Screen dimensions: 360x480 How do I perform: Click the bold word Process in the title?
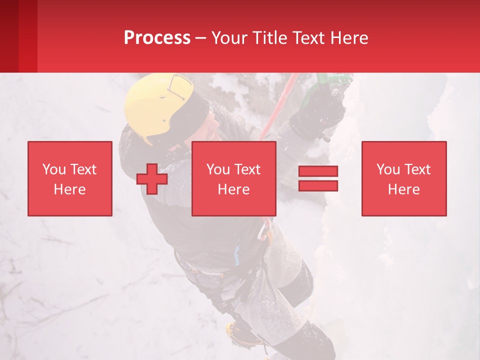(x=157, y=38)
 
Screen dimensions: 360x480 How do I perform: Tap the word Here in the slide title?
(x=347, y=38)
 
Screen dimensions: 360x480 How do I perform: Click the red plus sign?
(x=152, y=178)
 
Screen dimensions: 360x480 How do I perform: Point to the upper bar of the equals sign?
(x=318, y=171)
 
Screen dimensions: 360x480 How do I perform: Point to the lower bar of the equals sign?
(x=318, y=185)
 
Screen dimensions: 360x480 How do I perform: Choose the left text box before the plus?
(x=70, y=178)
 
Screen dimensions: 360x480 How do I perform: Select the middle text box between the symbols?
(x=234, y=178)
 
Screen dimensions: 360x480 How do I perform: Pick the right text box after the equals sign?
(x=404, y=178)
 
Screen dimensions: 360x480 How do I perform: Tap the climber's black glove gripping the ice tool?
(x=320, y=112)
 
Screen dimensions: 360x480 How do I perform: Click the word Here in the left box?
(x=69, y=189)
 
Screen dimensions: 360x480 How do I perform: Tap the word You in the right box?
(x=388, y=169)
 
